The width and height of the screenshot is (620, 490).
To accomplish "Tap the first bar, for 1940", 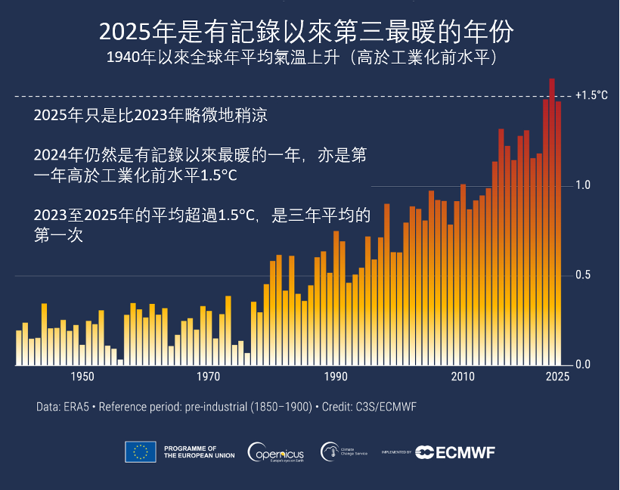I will click(19, 347).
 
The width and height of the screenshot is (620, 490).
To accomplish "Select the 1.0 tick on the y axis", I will click(582, 185).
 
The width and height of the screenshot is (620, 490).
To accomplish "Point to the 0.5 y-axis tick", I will click(582, 275).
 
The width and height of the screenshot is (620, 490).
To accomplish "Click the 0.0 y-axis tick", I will click(582, 365).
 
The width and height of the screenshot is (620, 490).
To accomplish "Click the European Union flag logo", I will click(141, 451).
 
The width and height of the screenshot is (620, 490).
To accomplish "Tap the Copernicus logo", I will click(277, 452).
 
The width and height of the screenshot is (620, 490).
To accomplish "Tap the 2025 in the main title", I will click(126, 32).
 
